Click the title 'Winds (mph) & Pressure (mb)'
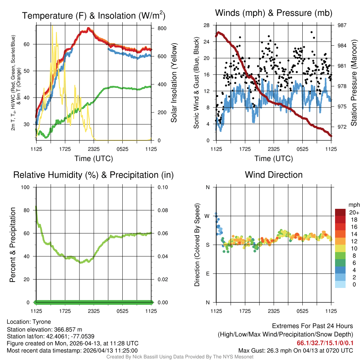tap(274, 13)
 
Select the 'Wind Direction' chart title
tap(274, 175)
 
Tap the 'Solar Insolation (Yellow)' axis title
tap(174, 83)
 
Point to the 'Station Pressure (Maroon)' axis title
tap(354, 83)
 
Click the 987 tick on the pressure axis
tap(342, 25)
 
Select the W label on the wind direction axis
tap(207, 216)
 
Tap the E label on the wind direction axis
tap(207, 274)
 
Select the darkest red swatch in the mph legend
tap(340, 212)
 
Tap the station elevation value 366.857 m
tap(68, 329)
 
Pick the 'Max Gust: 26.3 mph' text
tap(260, 351)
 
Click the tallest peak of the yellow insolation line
tap(52, 26)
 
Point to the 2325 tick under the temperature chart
tap(94, 149)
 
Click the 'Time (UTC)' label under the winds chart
tap(274, 159)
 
